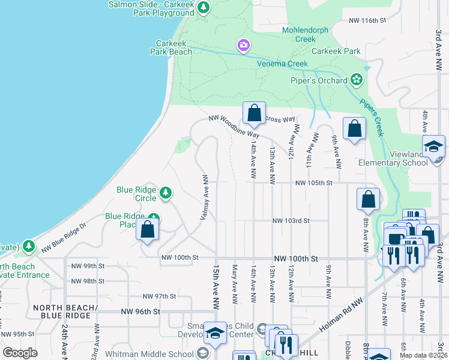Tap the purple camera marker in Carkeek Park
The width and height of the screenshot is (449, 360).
point(243,46)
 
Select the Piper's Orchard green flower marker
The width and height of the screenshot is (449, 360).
point(357,80)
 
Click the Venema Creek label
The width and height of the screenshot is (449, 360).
point(283,64)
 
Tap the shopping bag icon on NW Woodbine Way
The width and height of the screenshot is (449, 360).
point(254,113)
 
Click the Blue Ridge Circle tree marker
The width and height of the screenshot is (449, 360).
point(165,193)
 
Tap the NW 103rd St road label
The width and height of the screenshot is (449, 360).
point(291,221)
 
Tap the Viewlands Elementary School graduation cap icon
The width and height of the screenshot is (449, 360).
point(433,146)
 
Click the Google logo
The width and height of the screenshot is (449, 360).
point(20,353)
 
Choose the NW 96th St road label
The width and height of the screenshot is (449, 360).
point(140,311)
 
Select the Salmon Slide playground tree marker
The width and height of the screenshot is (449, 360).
point(204,7)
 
